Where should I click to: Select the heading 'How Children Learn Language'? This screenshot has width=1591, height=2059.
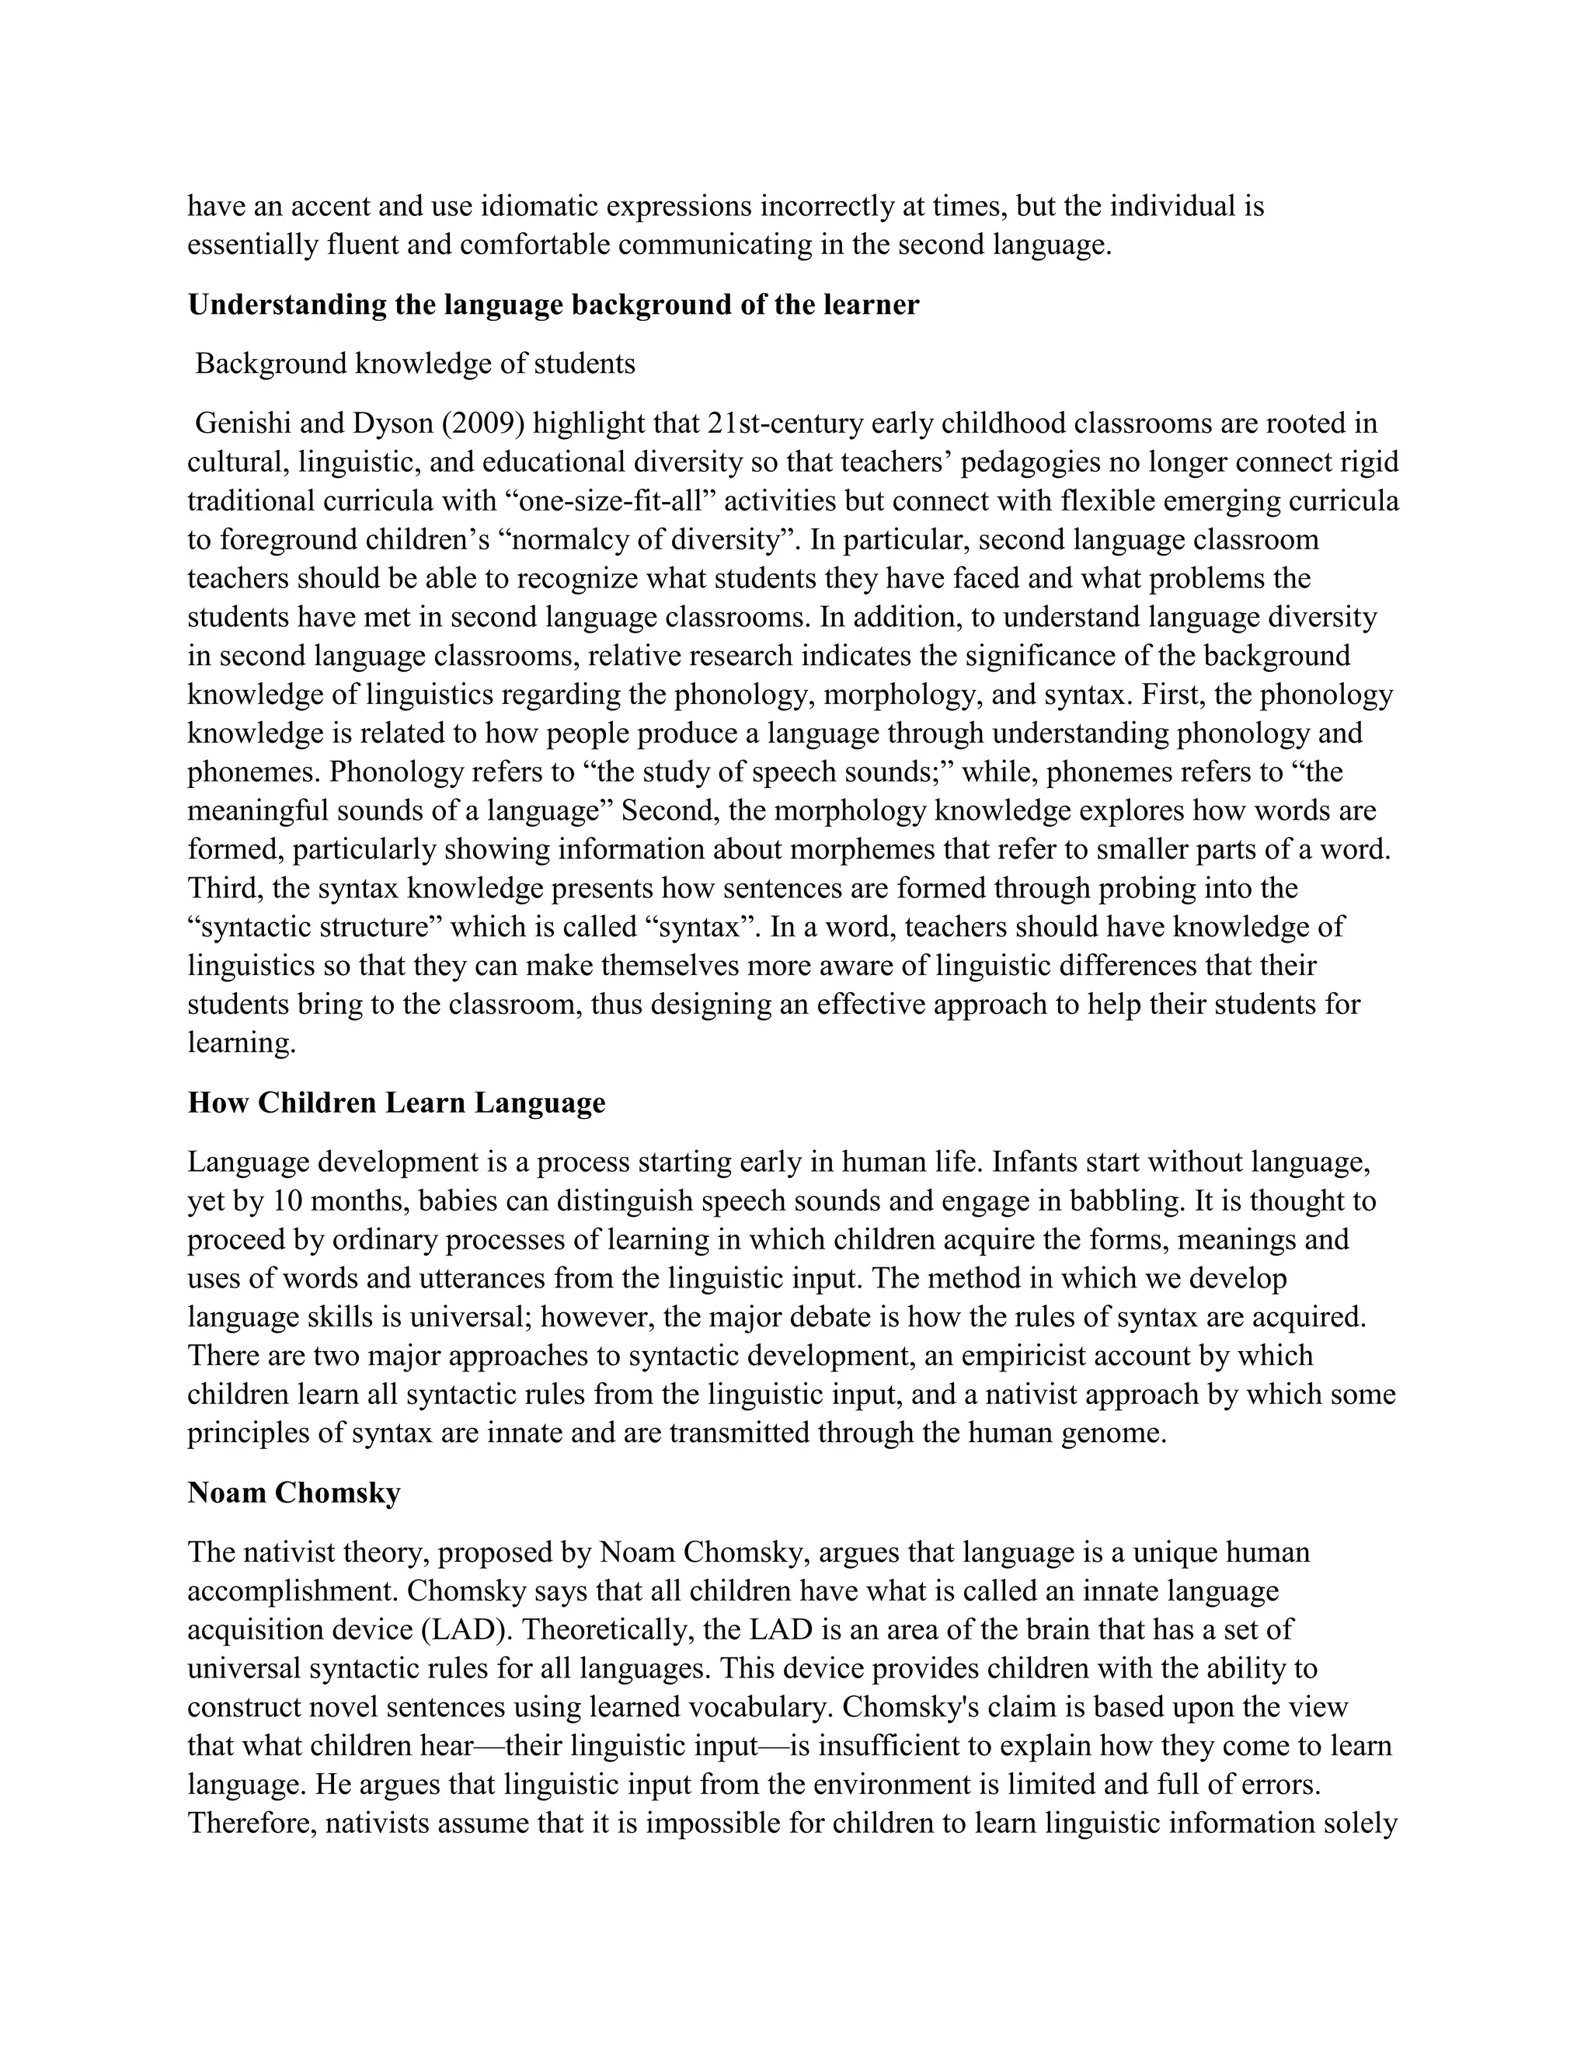tap(396, 1102)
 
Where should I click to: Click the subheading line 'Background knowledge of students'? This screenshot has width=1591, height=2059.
tap(415, 364)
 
